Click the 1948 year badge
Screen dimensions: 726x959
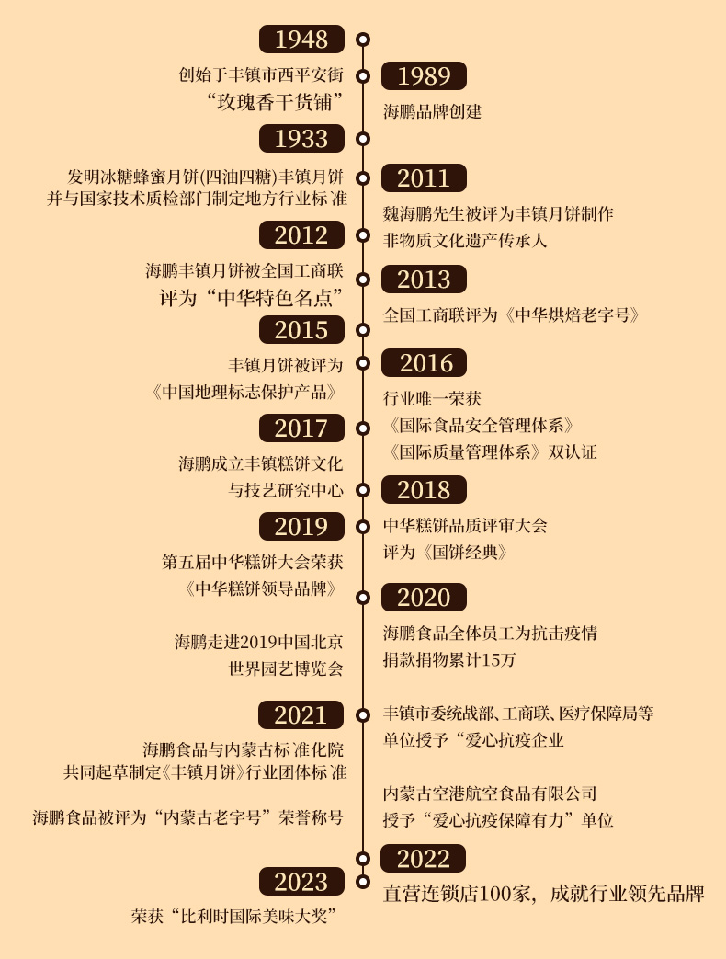(x=301, y=40)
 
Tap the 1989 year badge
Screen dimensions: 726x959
(x=424, y=76)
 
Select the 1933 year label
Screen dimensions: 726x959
(x=301, y=138)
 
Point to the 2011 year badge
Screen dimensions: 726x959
(x=424, y=177)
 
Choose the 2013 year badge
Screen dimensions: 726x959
(x=424, y=280)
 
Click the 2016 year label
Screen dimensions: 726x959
(x=424, y=363)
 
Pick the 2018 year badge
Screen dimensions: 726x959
(x=424, y=490)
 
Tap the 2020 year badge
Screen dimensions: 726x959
(x=424, y=598)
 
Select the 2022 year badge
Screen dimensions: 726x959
(x=424, y=859)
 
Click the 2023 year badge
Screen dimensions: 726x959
(x=301, y=882)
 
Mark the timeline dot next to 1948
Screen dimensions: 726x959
(x=363, y=40)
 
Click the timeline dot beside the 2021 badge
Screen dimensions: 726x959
(x=363, y=714)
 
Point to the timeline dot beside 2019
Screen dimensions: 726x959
(x=363, y=527)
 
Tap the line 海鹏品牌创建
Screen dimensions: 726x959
(x=432, y=112)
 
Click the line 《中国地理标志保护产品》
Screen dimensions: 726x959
(x=247, y=392)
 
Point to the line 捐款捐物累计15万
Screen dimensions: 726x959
(x=449, y=660)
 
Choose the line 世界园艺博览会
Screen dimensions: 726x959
(x=286, y=668)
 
